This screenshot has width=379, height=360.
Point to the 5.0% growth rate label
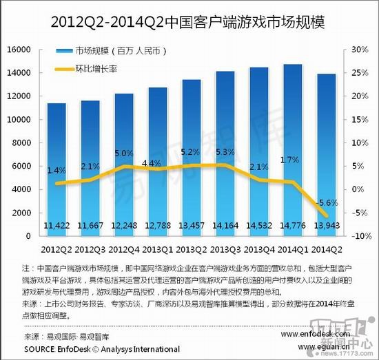pos(124,153)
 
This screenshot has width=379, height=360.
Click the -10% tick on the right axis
pos(361,235)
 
